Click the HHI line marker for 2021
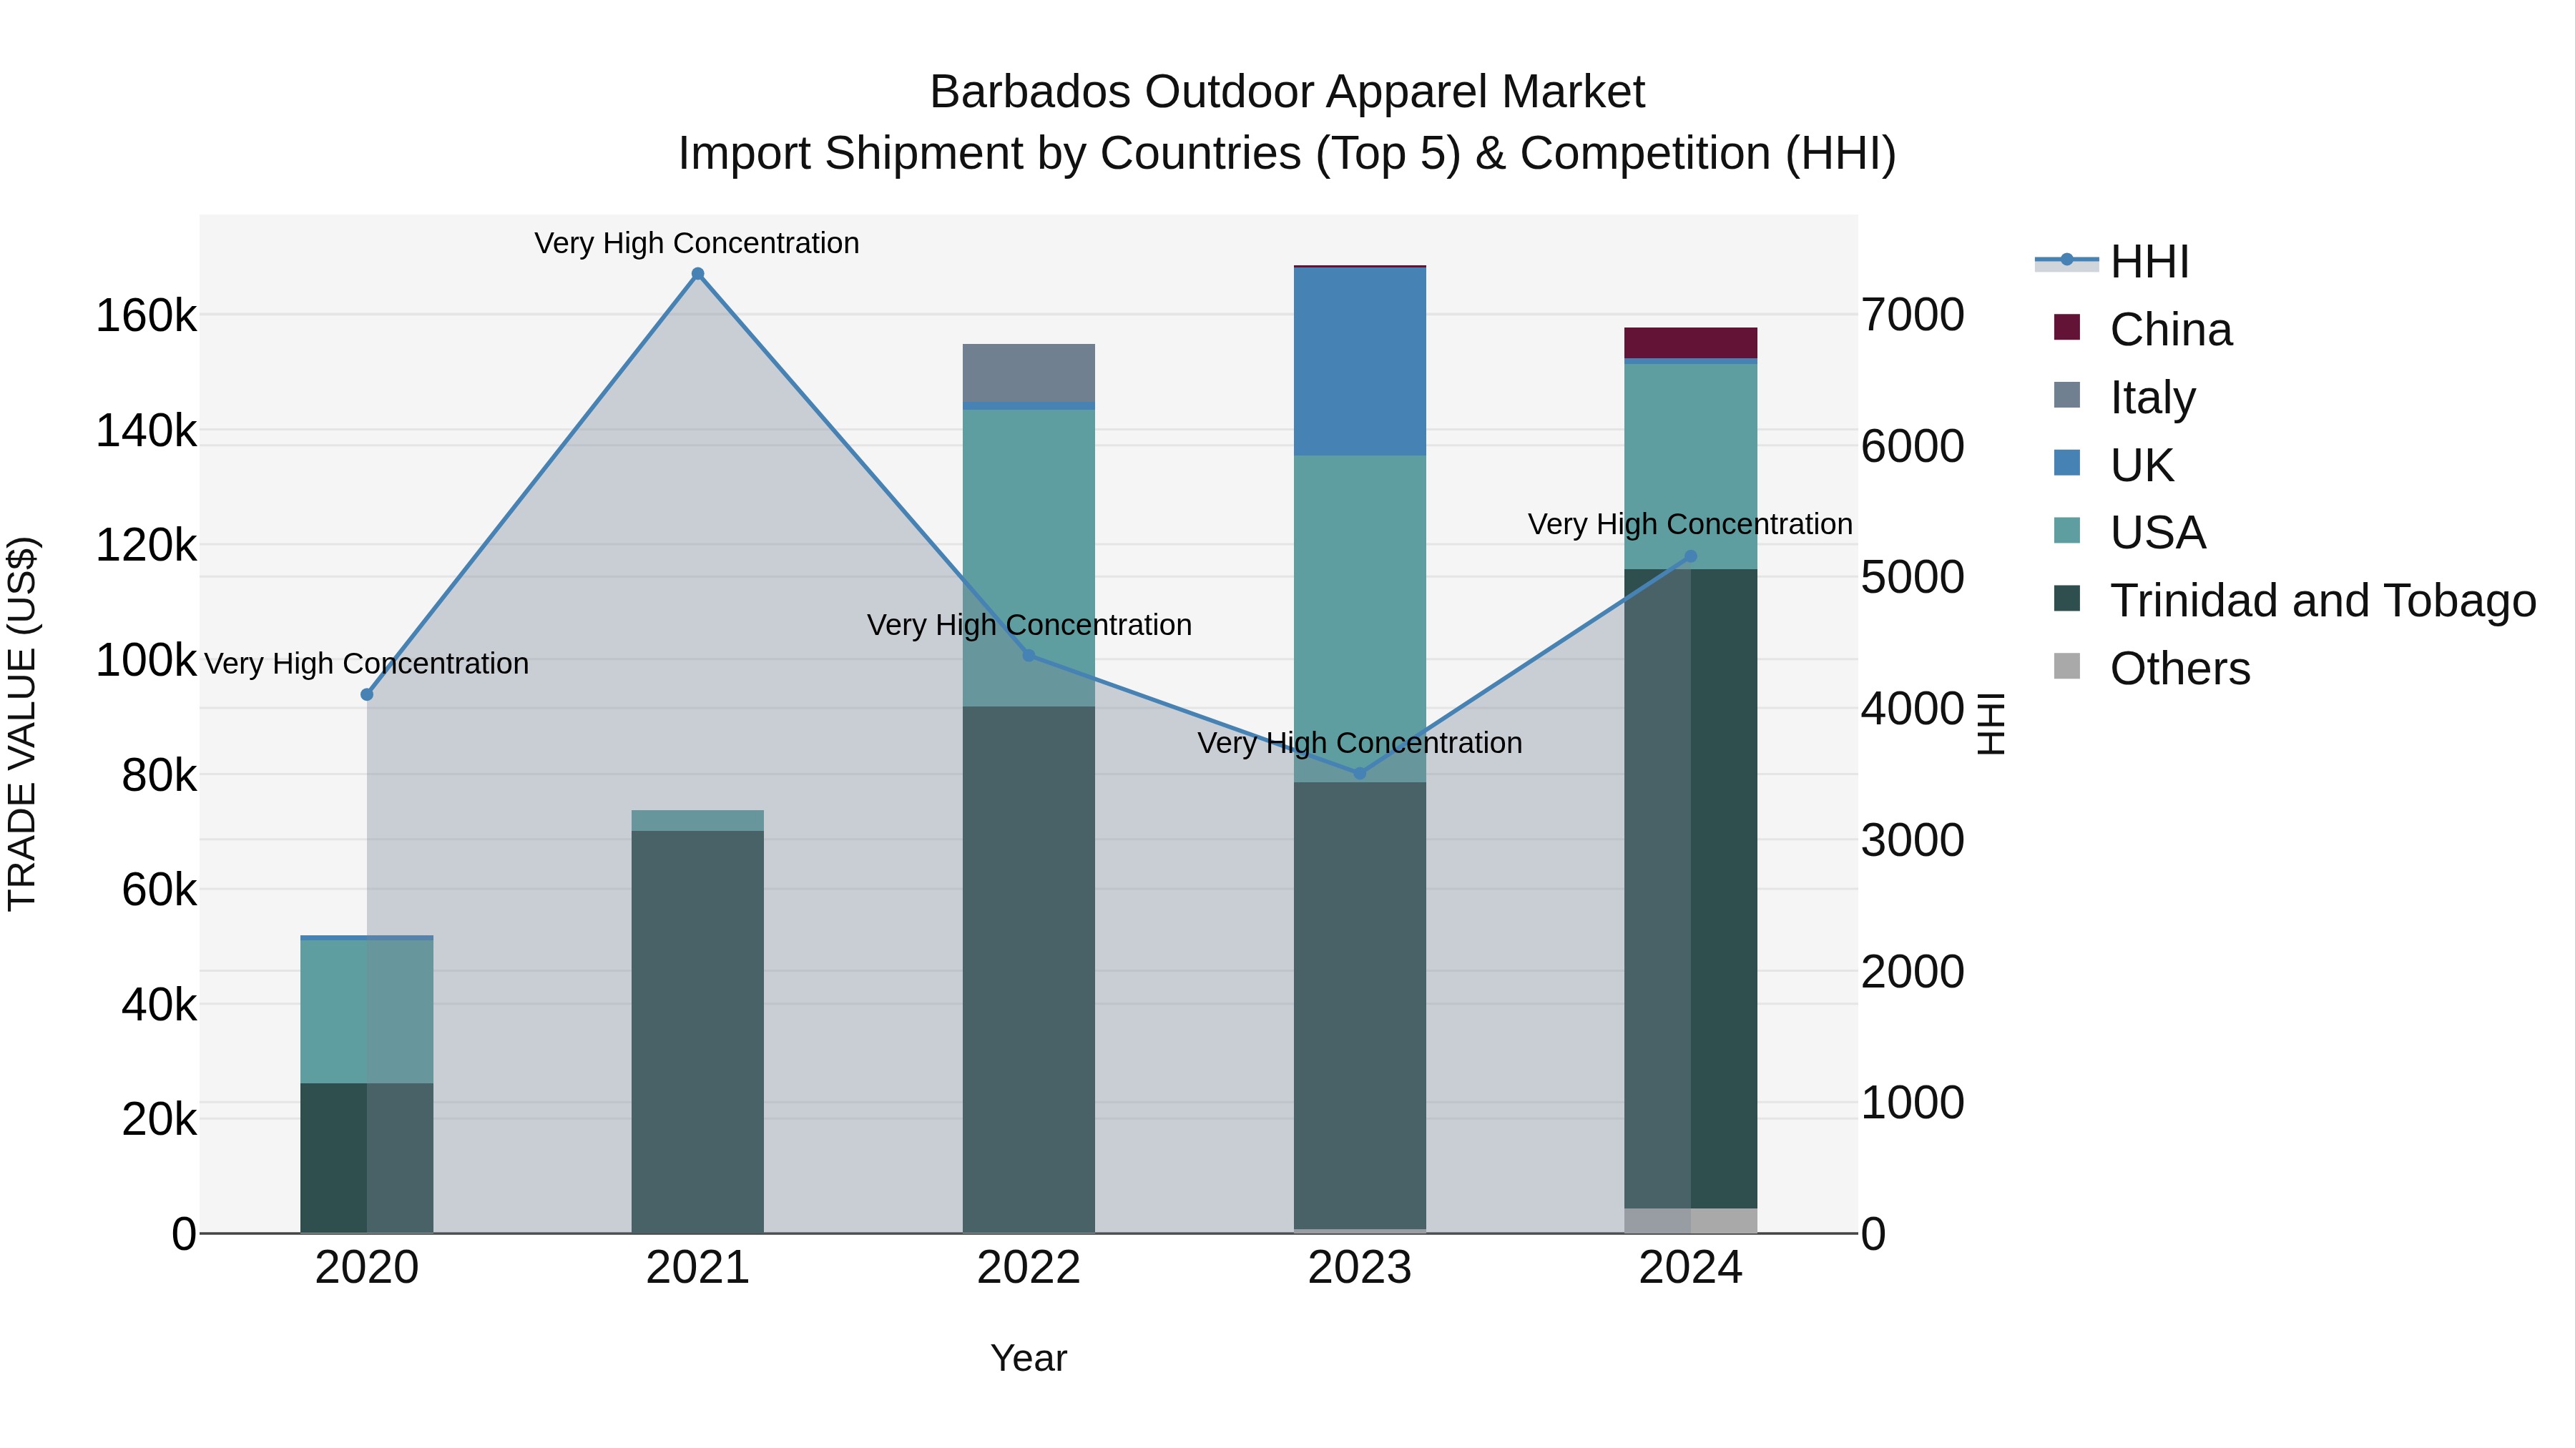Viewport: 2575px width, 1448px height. (697, 274)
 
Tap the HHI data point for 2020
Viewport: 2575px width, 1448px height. (367, 694)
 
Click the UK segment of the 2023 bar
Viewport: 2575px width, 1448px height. (1360, 361)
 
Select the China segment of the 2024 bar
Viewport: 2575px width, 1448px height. (1690, 342)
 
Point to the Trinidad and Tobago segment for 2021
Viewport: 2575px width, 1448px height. (697, 1029)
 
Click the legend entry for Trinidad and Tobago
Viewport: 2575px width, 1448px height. (2322, 601)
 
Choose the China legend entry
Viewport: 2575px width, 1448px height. (2170, 330)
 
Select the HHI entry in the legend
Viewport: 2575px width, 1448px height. (2149, 262)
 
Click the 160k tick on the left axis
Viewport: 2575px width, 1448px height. (146, 317)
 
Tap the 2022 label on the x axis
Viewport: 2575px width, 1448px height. (1029, 1268)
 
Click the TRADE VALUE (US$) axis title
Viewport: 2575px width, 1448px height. (23, 724)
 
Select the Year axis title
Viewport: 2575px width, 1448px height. (1029, 1358)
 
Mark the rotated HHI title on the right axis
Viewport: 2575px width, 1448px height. (1991, 724)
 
